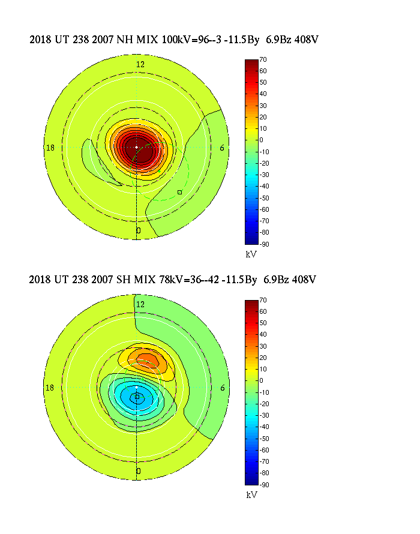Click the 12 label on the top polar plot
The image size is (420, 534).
140,64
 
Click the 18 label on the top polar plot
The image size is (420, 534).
50,148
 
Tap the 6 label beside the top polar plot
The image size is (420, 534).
223,148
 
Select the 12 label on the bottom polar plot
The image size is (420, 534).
140,305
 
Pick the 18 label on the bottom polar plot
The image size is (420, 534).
50,388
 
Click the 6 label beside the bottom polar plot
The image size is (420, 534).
223,388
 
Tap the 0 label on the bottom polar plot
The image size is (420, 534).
139,471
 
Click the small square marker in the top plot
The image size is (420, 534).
179,192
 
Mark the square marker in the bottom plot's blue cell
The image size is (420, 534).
137,397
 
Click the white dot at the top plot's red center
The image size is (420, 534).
137,147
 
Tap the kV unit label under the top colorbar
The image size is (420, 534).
251,254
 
